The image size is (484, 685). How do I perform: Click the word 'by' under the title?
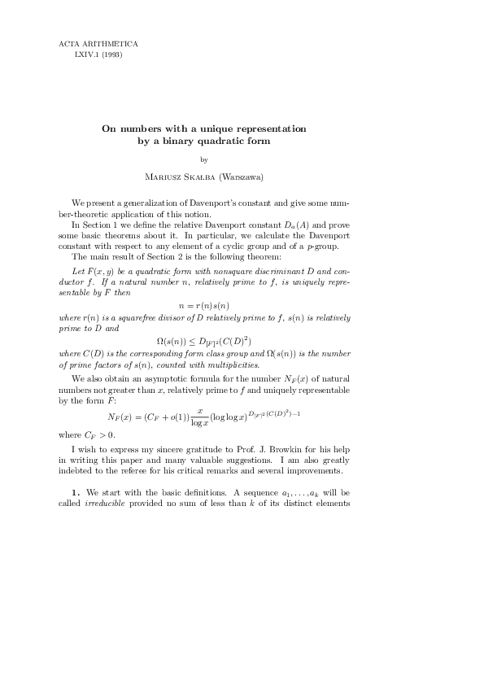coord(203,159)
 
